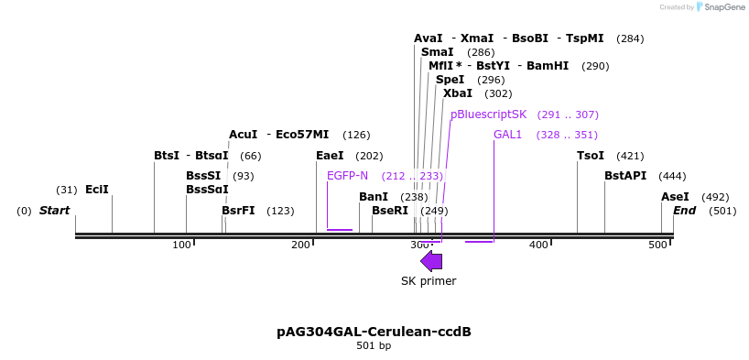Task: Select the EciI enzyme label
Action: pos(96,190)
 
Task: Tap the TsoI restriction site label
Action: pos(591,156)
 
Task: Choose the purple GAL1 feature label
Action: pos(507,135)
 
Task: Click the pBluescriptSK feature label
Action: pos(488,115)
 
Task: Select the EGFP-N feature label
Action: pos(347,176)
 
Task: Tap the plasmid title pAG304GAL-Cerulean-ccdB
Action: pos(374,331)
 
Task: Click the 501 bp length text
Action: pos(374,346)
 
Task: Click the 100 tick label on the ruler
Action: pos(182,245)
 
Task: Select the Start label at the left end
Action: pos(54,211)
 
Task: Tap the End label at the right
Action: pos(685,211)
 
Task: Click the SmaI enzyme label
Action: pos(437,52)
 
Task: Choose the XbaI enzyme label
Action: pos(458,93)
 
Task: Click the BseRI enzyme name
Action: pos(390,211)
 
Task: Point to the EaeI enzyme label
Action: pos(330,156)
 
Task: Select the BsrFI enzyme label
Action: pos(238,211)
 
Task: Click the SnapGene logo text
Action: pos(722,7)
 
